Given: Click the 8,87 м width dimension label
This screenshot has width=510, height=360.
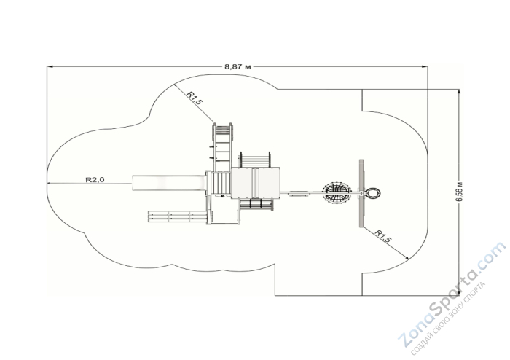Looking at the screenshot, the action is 238,66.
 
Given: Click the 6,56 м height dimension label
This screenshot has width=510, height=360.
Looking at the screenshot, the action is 459,191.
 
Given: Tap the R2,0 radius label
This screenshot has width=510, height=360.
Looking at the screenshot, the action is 95,179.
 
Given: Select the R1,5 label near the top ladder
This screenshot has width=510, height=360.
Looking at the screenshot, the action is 195,98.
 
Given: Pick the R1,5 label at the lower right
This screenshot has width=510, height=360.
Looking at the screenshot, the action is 383,236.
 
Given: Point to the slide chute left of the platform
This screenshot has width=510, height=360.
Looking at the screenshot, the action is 169,183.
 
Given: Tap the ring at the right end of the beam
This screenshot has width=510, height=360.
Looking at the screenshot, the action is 372,194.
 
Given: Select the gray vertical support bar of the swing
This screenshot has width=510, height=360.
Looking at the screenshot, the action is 361,193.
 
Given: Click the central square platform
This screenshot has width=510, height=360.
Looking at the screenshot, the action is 255,183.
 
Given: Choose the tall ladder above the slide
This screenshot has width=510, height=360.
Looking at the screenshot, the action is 222,147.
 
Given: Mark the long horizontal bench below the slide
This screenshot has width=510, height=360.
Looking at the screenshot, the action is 178,217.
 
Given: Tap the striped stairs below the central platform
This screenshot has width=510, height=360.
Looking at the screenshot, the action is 256,205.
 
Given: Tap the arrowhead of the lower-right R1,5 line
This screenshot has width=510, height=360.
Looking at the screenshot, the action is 407,258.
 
